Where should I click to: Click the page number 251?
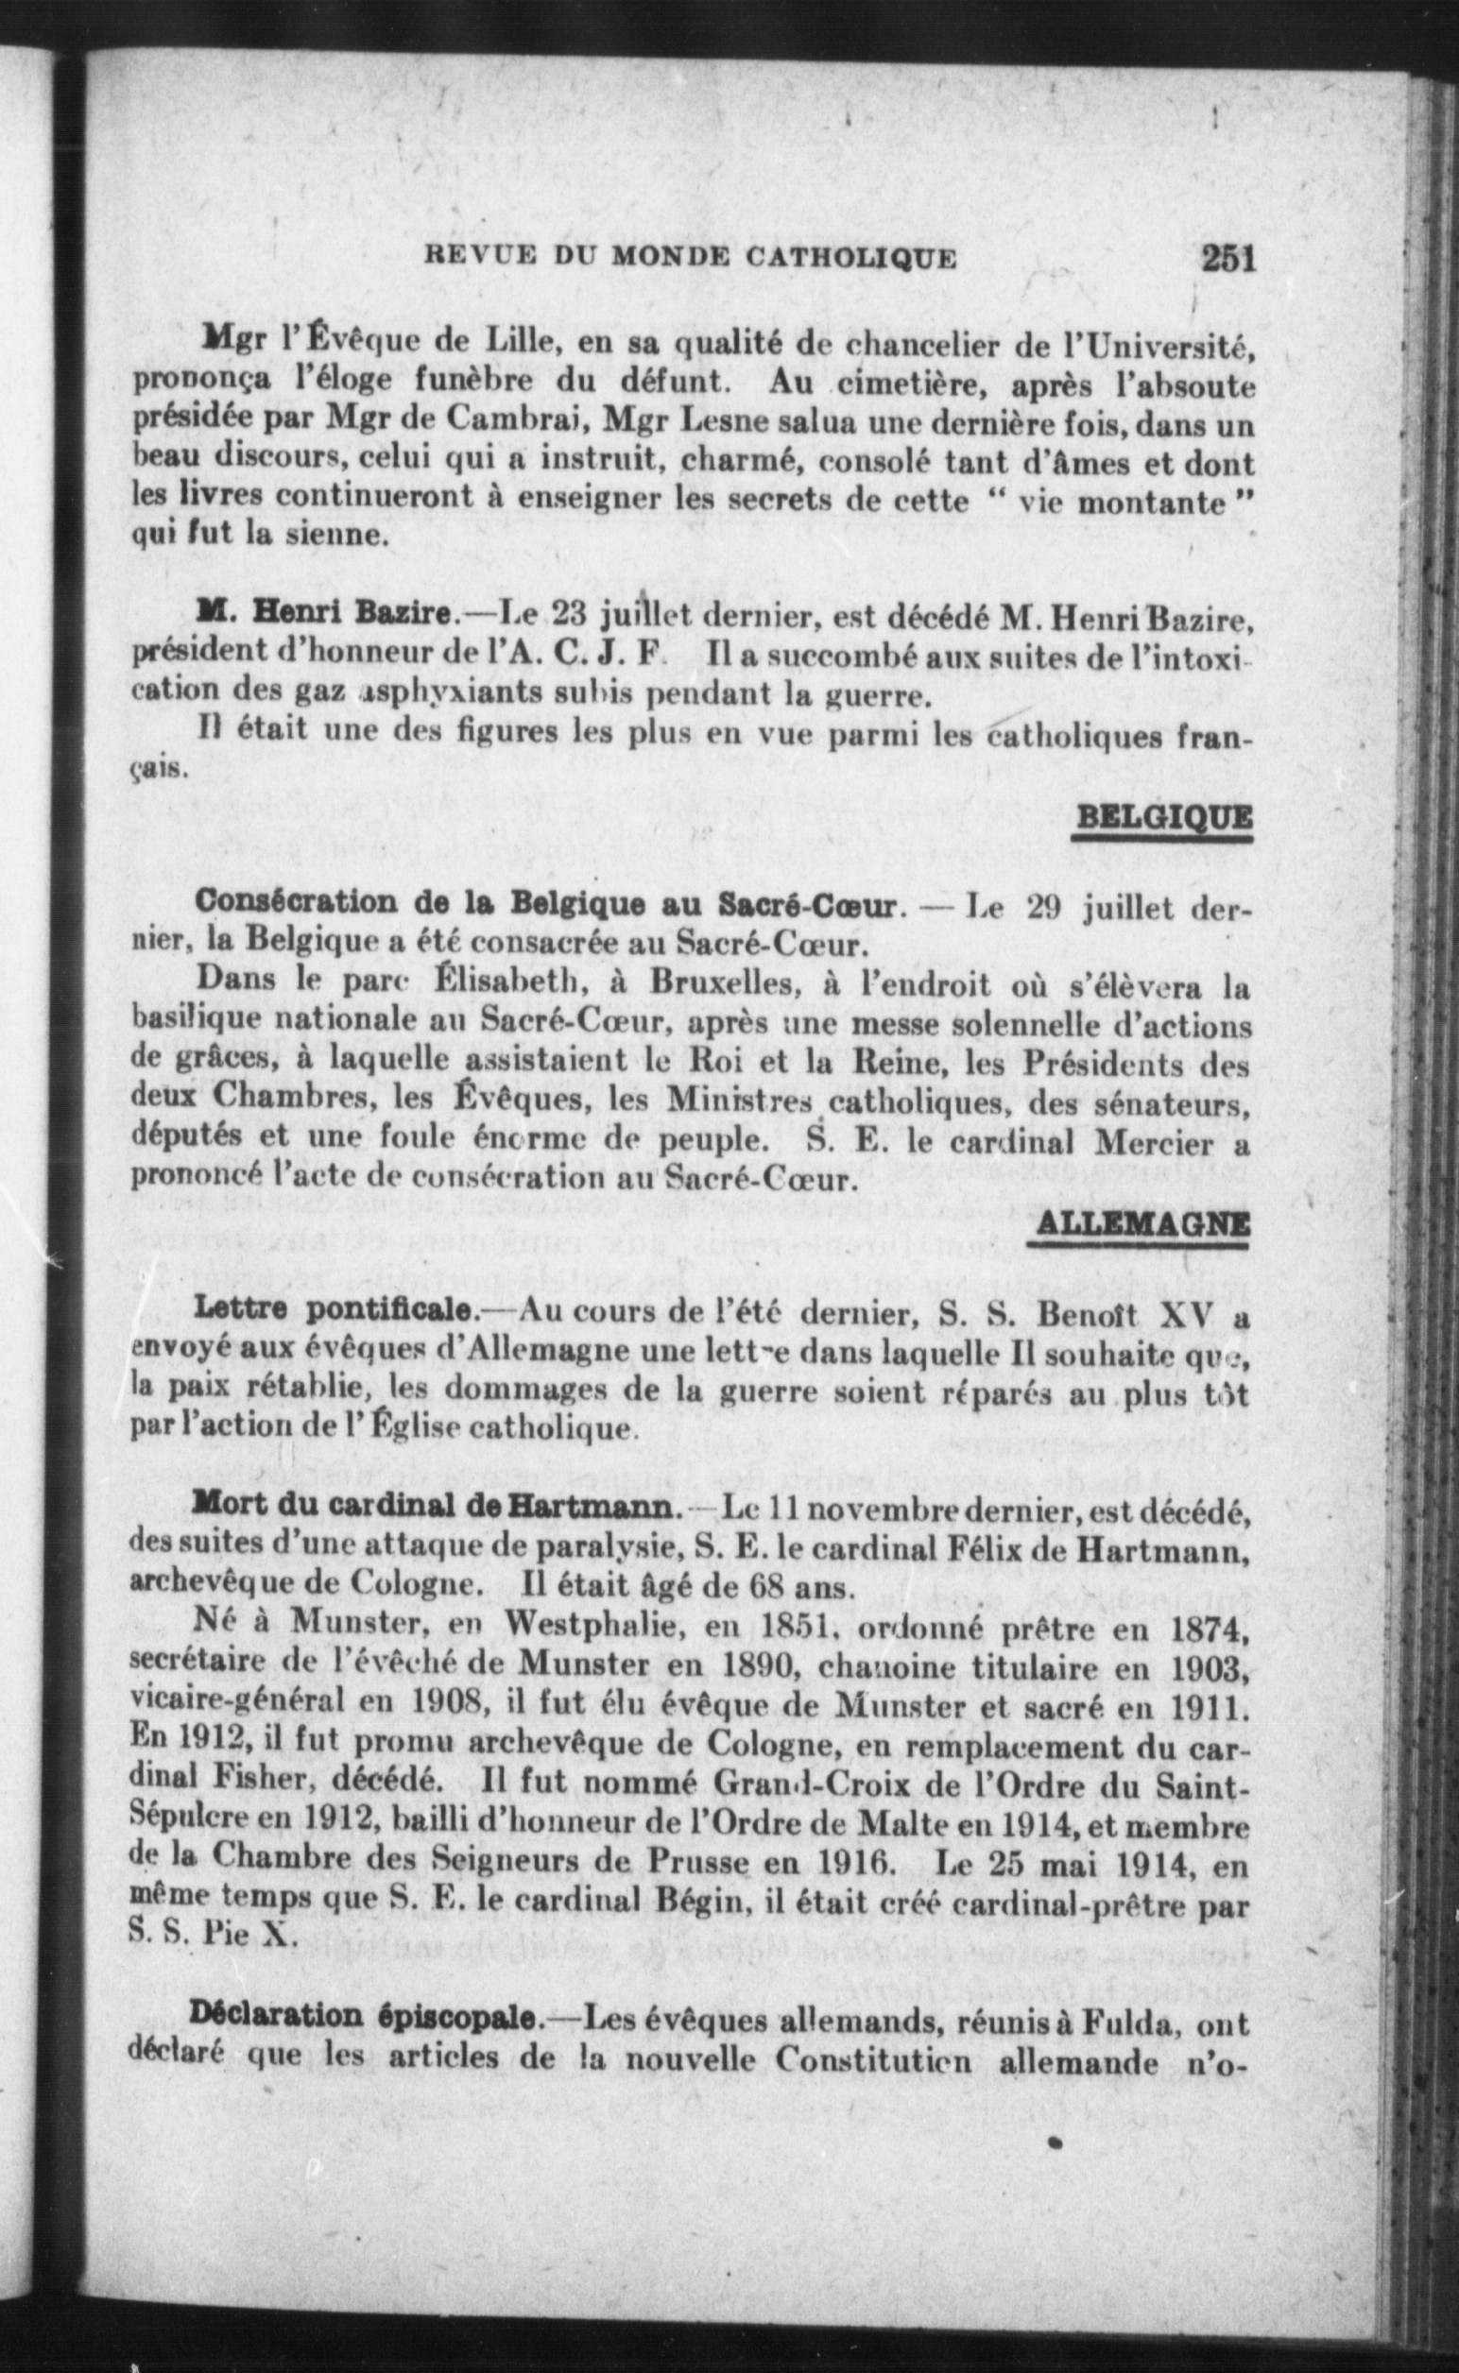tap(1227, 260)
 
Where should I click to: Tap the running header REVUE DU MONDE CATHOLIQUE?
tap(691, 260)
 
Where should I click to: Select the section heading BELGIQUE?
tap(1163, 818)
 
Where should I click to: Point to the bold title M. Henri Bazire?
tap(324, 613)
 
